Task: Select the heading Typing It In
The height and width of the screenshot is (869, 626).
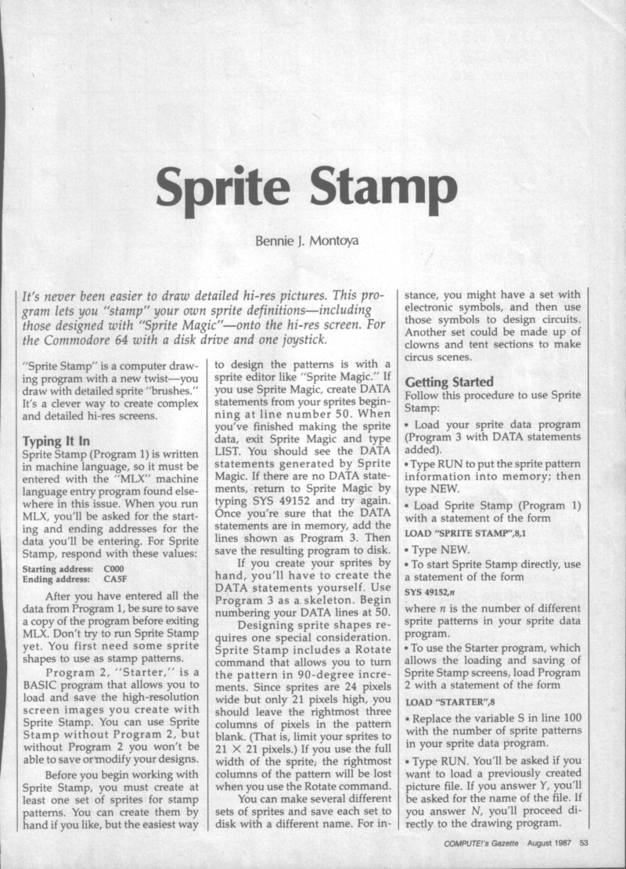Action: (56, 440)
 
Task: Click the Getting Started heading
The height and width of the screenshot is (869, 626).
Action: (449, 382)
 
